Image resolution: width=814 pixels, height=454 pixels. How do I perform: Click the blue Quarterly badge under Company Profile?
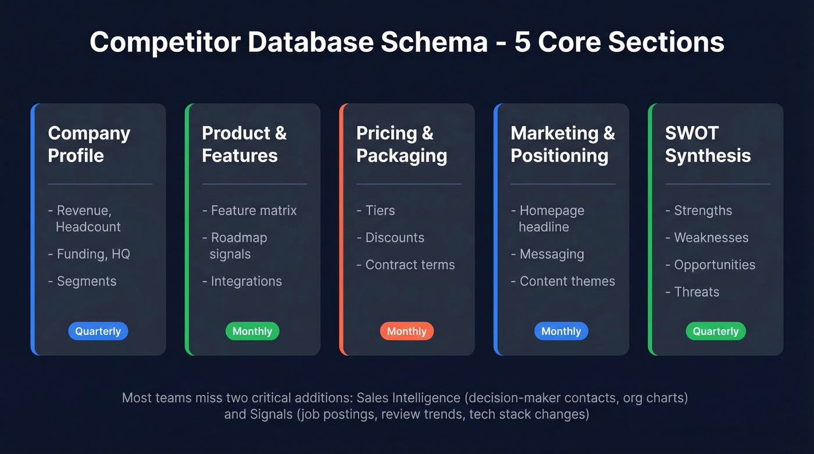pos(98,331)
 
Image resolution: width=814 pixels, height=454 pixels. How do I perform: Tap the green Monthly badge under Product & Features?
pos(252,331)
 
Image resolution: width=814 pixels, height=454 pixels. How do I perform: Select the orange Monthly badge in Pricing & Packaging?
pos(406,331)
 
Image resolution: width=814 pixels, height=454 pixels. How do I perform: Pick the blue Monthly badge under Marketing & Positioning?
pos(561,331)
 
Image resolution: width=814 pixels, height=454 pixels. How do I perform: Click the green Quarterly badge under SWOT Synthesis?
pos(715,331)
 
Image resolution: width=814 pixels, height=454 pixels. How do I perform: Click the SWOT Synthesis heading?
pos(708,144)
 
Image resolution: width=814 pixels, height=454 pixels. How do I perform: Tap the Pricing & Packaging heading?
pos(401,144)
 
